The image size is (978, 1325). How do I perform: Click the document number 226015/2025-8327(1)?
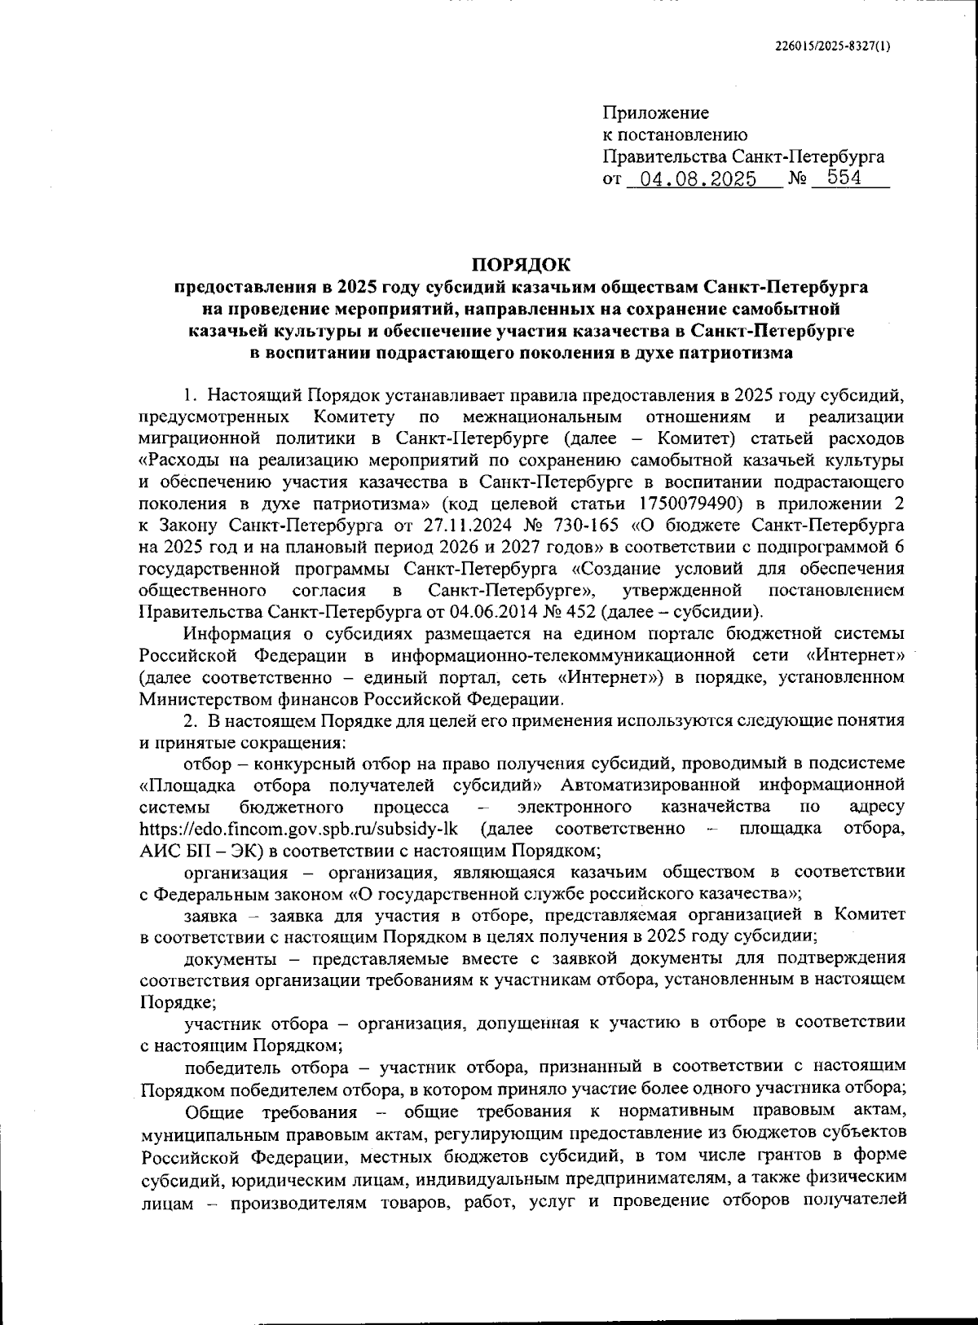[832, 46]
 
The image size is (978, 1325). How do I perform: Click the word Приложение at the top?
[656, 113]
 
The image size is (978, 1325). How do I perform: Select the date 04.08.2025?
[698, 179]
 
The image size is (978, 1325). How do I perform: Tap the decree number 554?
[844, 178]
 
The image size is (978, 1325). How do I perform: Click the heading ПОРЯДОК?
[522, 265]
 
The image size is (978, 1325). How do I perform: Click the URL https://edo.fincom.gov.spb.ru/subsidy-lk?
[298, 829]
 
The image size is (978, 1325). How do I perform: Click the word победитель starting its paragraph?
[231, 1067]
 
